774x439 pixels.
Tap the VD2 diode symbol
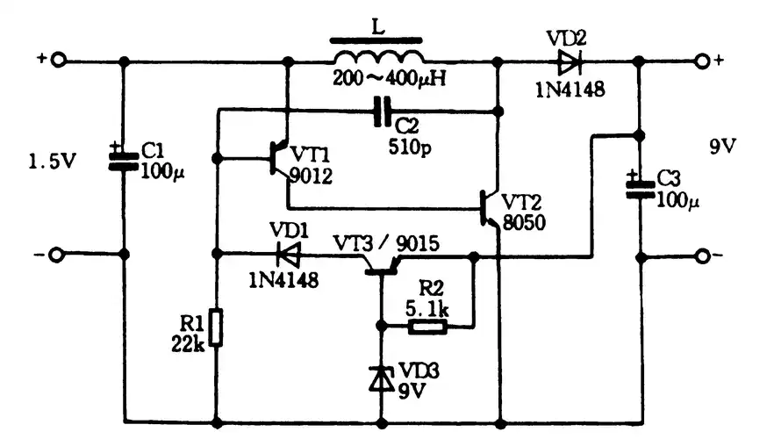coord(568,61)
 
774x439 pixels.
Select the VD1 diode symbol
coord(287,255)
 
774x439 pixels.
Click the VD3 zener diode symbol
coord(381,378)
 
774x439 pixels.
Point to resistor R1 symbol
coord(216,327)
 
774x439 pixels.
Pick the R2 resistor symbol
coord(429,327)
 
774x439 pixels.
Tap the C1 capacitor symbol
coord(123,156)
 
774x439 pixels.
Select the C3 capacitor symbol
coord(639,185)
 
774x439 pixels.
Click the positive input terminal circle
coord(57,61)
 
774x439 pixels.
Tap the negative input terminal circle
coord(57,255)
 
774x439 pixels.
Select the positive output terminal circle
coord(702,61)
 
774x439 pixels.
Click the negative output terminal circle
coord(702,256)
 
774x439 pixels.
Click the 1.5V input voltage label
coord(52,162)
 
